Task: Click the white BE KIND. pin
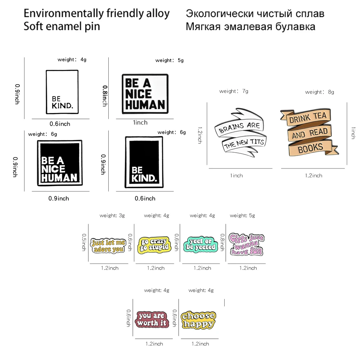[x=62, y=92]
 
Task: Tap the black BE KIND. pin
[x=144, y=162]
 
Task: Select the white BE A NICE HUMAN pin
[x=145, y=94]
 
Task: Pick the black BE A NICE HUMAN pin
[x=59, y=163]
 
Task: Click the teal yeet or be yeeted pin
[x=201, y=244]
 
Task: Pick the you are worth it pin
[x=152, y=319]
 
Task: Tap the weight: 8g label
[x=319, y=92]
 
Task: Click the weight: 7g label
[x=234, y=91]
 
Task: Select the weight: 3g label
[x=112, y=216]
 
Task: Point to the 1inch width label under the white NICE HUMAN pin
[x=140, y=122]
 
